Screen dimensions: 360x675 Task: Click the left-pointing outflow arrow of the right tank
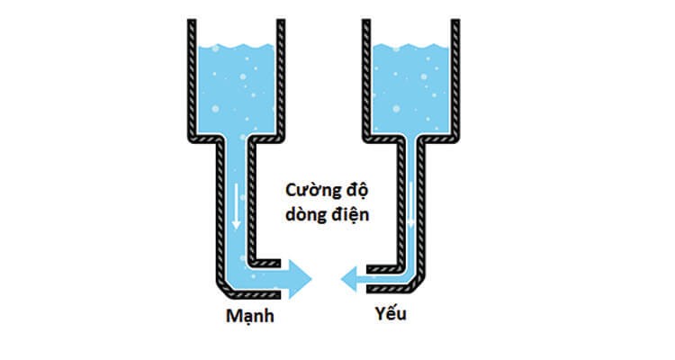pyautogui.click(x=360, y=281)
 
